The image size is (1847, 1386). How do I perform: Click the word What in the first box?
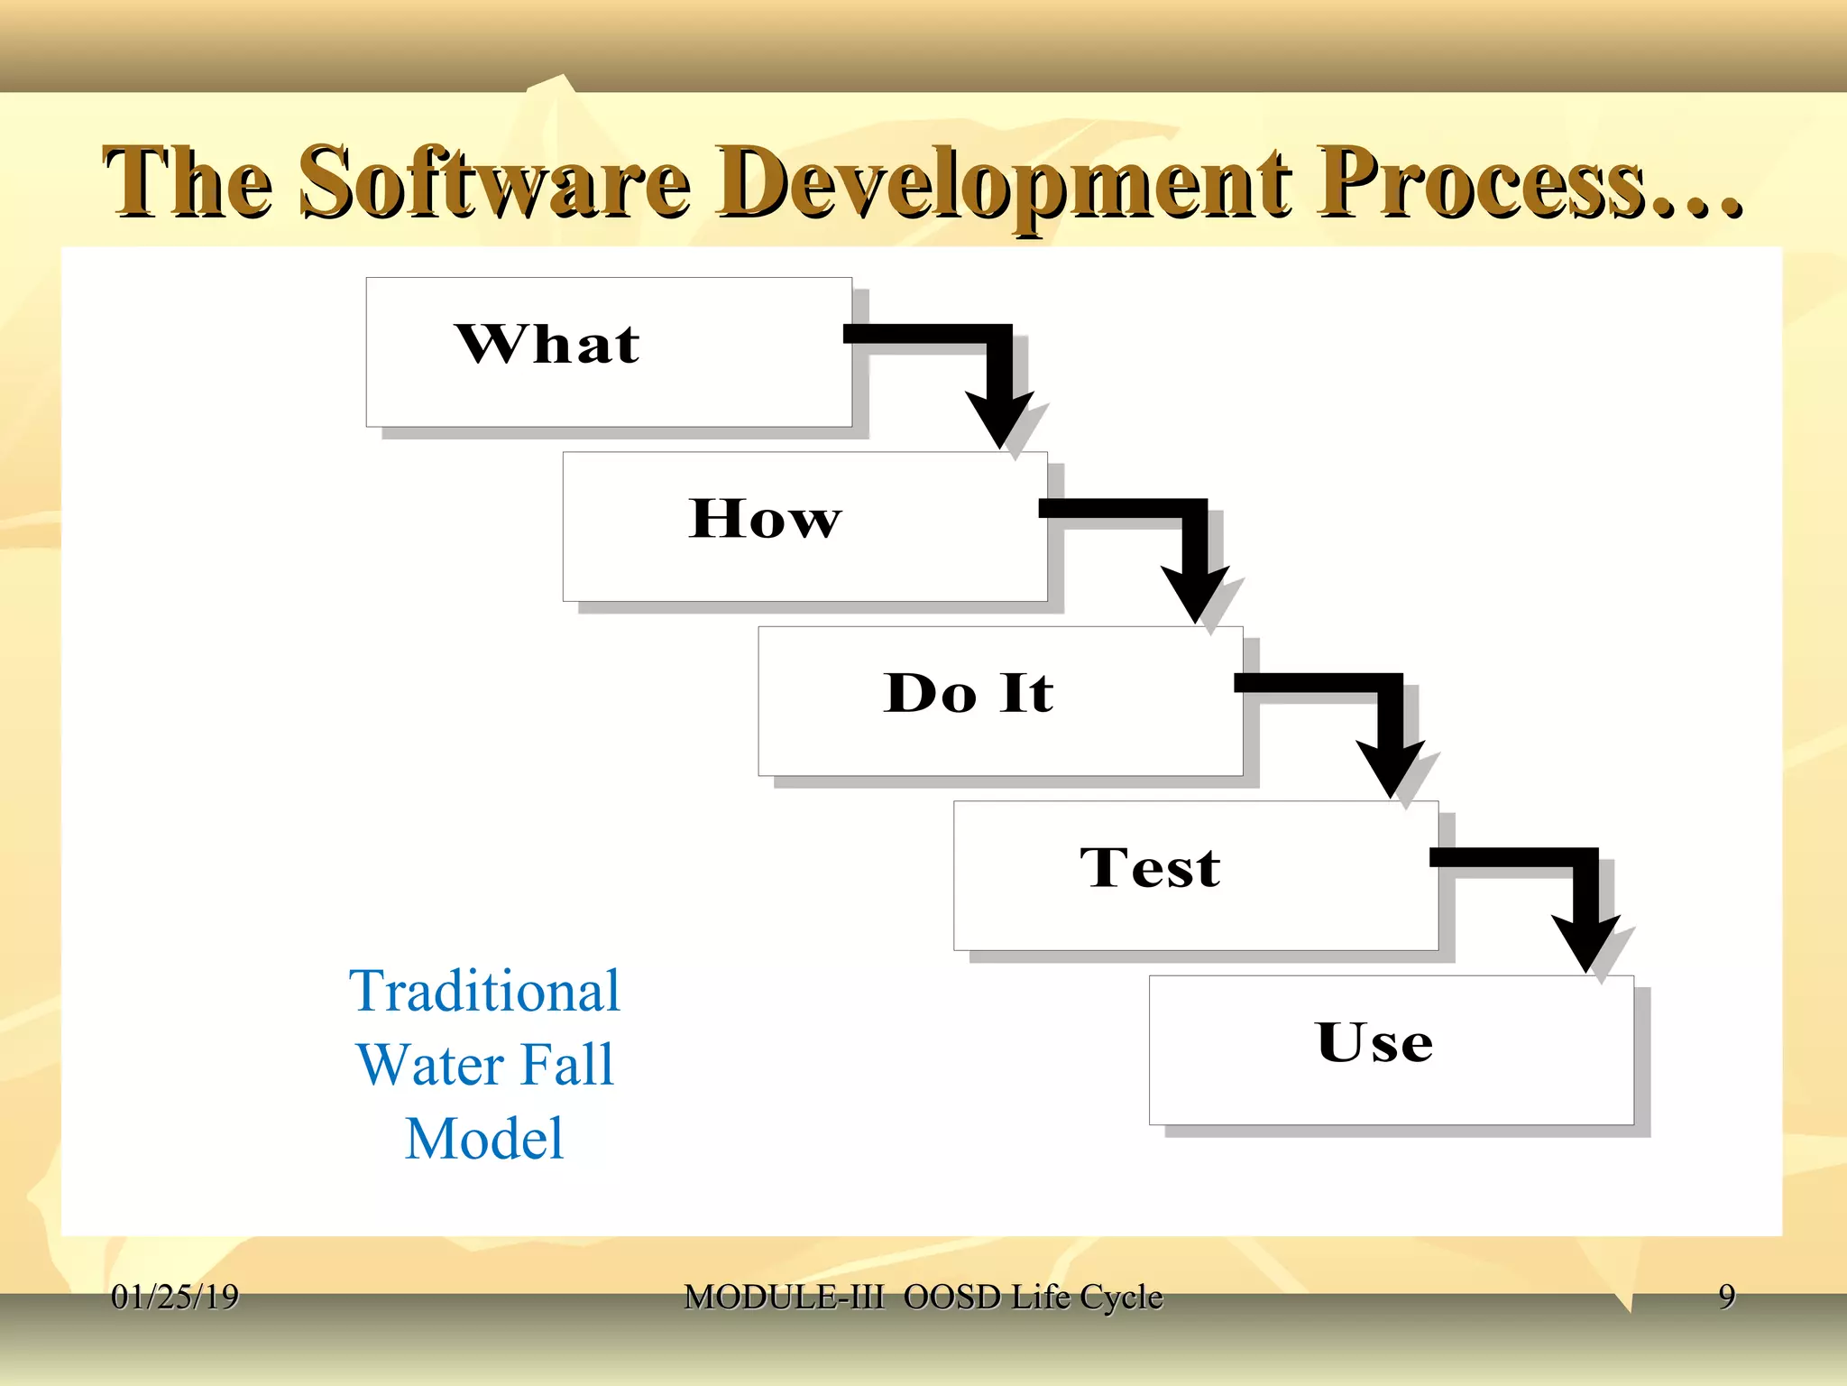(547, 345)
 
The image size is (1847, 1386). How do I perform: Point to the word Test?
(1150, 868)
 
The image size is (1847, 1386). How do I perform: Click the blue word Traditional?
(484, 991)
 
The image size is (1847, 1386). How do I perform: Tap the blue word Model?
(484, 1139)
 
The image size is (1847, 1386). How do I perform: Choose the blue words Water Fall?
(484, 1065)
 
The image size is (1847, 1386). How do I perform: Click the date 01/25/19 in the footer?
(174, 1297)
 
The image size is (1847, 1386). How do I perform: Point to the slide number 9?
(1726, 1296)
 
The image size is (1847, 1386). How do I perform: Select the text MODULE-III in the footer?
(783, 1297)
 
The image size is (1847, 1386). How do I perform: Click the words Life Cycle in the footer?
(1086, 1297)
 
